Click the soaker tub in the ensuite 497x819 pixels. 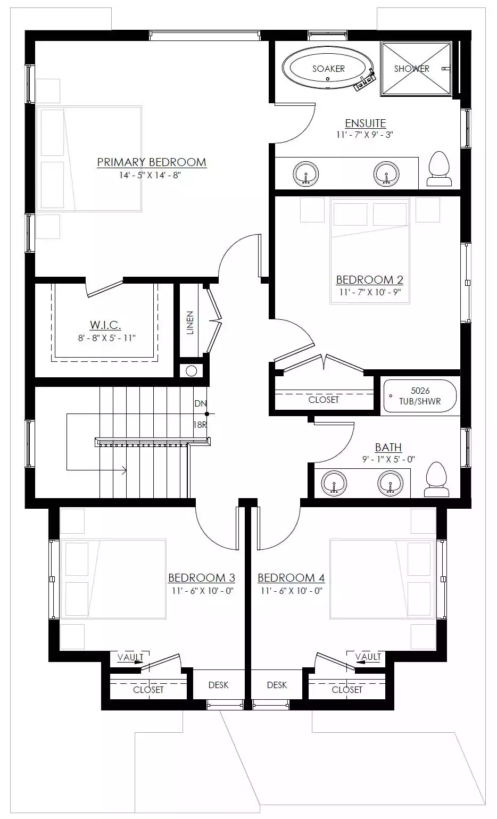(328, 68)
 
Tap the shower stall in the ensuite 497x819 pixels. (416, 69)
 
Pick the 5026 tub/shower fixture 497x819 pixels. (420, 396)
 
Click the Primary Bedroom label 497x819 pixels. (152, 162)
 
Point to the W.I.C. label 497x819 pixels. (105, 325)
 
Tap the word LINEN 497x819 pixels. (190, 323)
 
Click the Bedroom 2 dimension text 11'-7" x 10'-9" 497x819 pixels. (370, 292)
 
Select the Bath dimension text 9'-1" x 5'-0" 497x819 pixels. (388, 459)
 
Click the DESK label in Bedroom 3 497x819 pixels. (218, 685)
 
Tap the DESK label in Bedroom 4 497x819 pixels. (277, 685)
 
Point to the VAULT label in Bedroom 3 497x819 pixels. (130, 657)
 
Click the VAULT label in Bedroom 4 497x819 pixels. (368, 657)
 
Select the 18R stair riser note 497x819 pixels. (200, 425)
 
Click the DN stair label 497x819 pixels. (201, 404)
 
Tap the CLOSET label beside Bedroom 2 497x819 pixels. (324, 400)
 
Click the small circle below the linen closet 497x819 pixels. (191, 371)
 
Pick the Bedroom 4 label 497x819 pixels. (291, 578)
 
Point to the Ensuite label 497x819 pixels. (366, 123)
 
